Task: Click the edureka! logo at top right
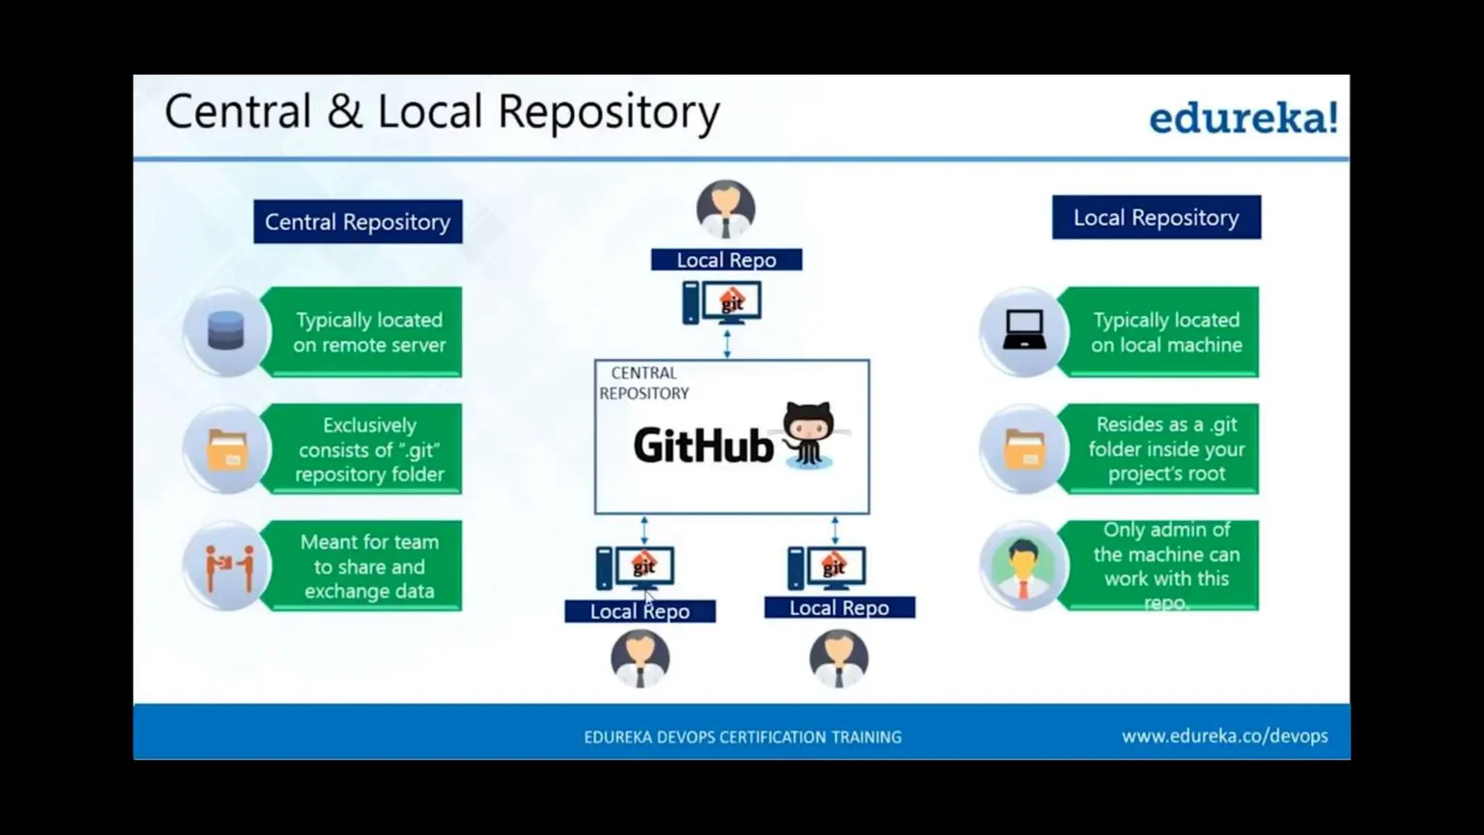coord(1243,117)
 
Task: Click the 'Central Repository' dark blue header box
coord(358,222)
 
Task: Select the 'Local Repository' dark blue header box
coord(1156,217)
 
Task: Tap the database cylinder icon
coord(226,331)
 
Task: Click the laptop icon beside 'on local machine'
coord(1024,331)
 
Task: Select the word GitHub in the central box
coord(703,445)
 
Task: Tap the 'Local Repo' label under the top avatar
coord(726,259)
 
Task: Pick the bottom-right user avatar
coord(838,658)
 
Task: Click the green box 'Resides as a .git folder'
coord(1165,449)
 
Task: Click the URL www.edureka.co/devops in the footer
coord(1225,736)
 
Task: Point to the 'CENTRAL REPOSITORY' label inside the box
coord(643,383)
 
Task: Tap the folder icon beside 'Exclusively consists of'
coord(228,449)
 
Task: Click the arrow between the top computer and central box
coord(727,343)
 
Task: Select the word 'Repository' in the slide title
coord(609,113)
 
